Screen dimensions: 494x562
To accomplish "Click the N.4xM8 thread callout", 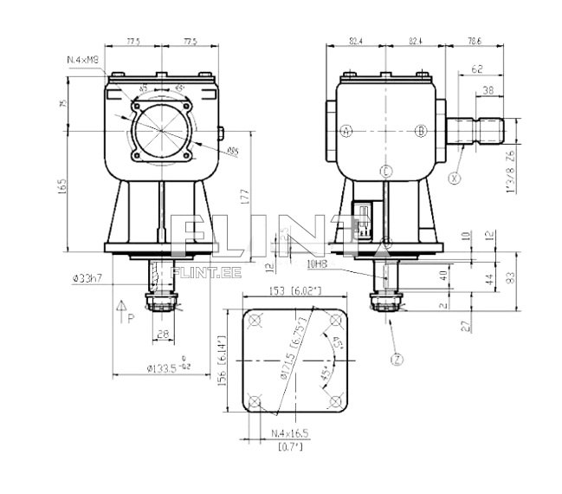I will pyautogui.click(x=84, y=59).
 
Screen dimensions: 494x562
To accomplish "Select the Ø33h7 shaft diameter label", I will pyautogui.click(x=90, y=278).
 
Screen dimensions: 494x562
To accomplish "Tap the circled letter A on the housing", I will pyautogui.click(x=346, y=131).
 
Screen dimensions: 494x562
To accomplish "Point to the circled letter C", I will pyautogui.click(x=385, y=170).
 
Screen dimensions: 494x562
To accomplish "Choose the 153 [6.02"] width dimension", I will pyautogui.click(x=295, y=290).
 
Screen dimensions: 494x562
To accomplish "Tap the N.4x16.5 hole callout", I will pyautogui.click(x=290, y=432).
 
